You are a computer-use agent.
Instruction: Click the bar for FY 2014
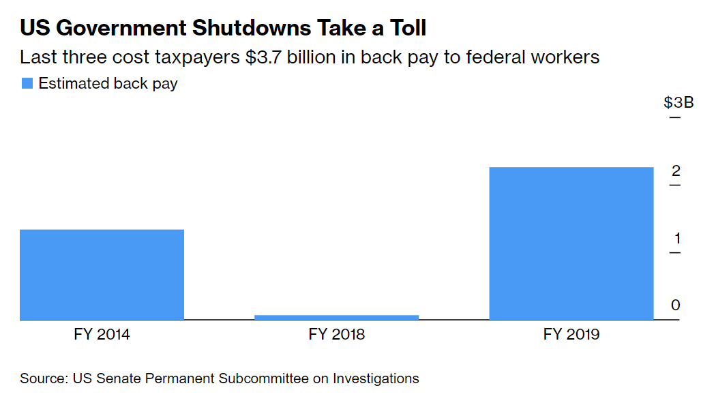pyautogui.click(x=102, y=274)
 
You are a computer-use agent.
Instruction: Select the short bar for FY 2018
pyautogui.click(x=337, y=317)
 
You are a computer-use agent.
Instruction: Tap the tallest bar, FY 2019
pyautogui.click(x=571, y=243)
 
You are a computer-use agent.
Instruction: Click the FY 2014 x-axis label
pyautogui.click(x=102, y=335)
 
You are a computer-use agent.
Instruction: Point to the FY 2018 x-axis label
pyautogui.click(x=337, y=335)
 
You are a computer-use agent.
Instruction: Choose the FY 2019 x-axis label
pyautogui.click(x=571, y=335)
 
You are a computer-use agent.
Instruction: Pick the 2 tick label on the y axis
pyautogui.click(x=676, y=170)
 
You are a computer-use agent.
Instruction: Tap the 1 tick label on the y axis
pyautogui.click(x=676, y=238)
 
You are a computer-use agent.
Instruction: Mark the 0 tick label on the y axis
pyautogui.click(x=676, y=305)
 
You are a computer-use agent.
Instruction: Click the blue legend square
pyautogui.click(x=27, y=84)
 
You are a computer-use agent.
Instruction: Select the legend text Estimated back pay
pyautogui.click(x=108, y=84)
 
